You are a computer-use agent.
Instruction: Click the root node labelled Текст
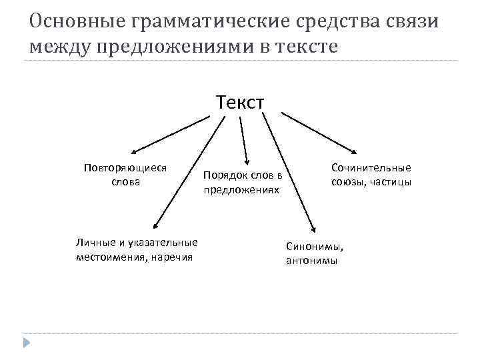240,103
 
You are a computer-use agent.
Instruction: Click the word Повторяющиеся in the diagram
125,168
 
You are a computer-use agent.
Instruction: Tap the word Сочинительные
371,168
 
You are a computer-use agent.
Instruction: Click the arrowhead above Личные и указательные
155,227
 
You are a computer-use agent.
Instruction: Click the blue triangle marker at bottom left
26,343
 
